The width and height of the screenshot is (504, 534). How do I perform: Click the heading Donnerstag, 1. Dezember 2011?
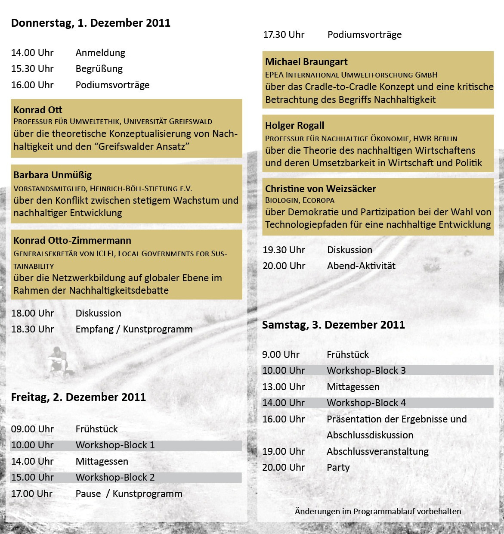click(90, 23)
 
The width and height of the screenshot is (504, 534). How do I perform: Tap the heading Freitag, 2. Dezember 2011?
click(78, 397)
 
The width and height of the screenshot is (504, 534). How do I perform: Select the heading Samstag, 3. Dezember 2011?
click(333, 325)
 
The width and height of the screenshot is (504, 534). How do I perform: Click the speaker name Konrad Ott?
click(38, 110)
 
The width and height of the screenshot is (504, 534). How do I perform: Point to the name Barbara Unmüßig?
click(53, 175)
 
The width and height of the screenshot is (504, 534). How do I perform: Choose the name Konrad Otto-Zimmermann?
click(72, 241)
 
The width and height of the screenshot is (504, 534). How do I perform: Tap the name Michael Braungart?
click(306, 62)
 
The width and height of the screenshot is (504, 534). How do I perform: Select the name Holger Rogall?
click(294, 126)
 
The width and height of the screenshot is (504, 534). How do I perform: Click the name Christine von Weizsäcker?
click(320, 189)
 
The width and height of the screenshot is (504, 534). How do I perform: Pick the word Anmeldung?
click(100, 53)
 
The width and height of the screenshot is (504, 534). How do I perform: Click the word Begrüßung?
click(99, 69)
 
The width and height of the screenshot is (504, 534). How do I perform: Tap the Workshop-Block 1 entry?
click(115, 445)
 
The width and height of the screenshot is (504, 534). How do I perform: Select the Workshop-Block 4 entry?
click(366, 403)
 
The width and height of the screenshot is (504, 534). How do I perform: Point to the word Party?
click(338, 468)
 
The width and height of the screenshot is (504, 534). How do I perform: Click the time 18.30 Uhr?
click(33, 329)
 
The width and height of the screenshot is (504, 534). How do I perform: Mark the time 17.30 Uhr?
click(284, 35)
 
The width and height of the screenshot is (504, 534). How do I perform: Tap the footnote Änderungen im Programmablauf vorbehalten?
click(377, 512)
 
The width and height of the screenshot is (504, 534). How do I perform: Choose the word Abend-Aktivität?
click(361, 266)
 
